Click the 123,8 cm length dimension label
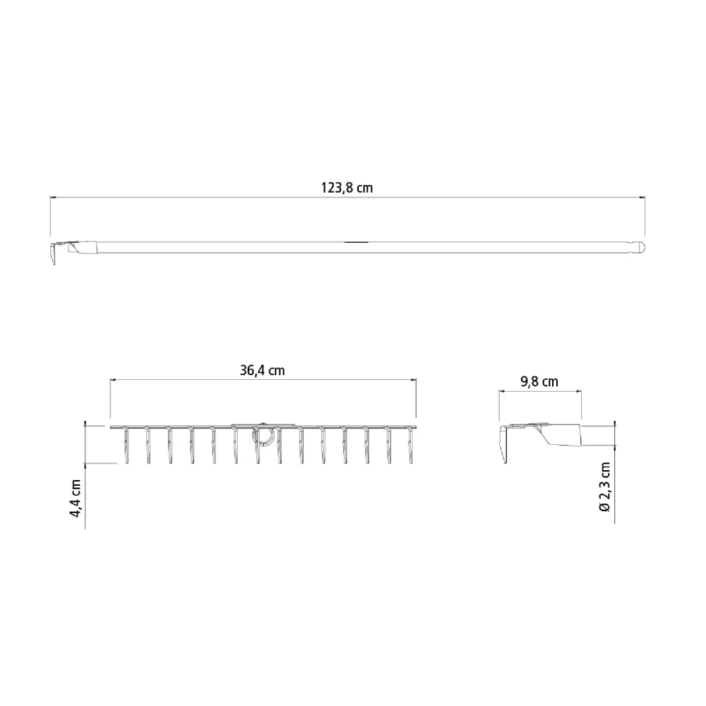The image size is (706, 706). tap(347, 188)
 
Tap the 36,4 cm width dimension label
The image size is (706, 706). tap(262, 371)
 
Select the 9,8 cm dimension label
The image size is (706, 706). tap(539, 382)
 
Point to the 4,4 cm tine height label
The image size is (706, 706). tap(76, 498)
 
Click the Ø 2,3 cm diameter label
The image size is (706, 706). tap(605, 486)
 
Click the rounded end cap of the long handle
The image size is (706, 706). tap(641, 247)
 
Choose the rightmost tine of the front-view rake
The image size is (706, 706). tap(410, 445)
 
